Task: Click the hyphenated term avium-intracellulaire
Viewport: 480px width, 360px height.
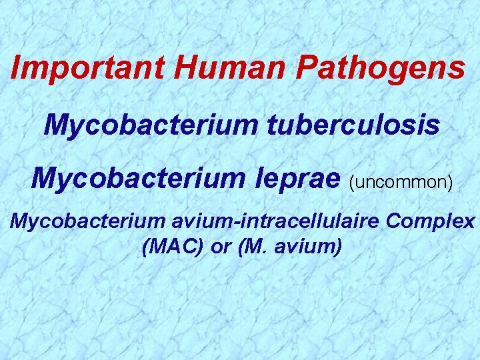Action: [x=275, y=221]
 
